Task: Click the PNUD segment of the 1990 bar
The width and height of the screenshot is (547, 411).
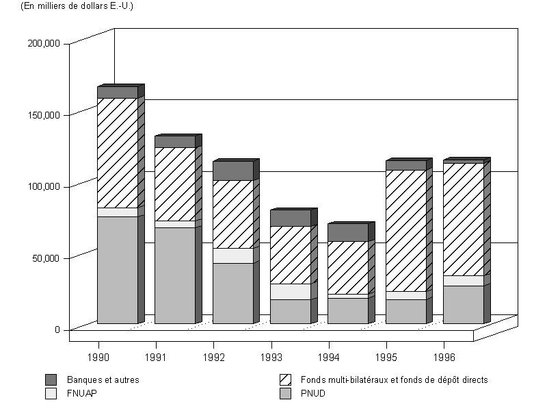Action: (117, 270)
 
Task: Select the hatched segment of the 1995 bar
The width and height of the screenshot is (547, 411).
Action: (406, 231)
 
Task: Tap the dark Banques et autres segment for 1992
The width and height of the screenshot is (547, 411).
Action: (232, 171)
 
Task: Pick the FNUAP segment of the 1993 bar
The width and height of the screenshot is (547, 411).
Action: (291, 291)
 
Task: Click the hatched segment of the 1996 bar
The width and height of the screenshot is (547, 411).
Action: (464, 219)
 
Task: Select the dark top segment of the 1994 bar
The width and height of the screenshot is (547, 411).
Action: (348, 232)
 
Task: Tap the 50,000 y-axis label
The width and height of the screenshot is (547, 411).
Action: (48, 258)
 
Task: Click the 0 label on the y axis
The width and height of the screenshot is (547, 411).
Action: (58, 329)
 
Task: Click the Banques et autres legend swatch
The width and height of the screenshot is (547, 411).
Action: (51, 379)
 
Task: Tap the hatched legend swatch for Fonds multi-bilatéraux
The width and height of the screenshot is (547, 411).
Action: (286, 379)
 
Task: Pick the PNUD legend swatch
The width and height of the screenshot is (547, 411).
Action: (286, 394)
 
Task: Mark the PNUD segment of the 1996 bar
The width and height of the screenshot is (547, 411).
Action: (464, 304)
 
